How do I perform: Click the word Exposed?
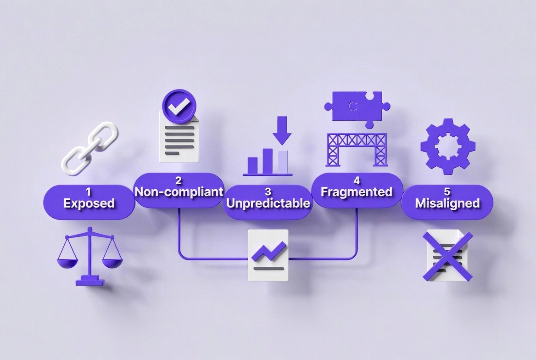89,203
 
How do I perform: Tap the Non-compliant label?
179,191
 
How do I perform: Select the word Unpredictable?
268,203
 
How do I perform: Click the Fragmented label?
357,191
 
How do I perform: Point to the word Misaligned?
447,203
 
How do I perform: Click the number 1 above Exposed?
89,192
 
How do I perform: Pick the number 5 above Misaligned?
447,191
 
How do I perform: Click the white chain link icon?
90,148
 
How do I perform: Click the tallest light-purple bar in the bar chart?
284,162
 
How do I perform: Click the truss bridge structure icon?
357,150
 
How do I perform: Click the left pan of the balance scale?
67,263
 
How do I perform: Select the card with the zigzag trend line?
268,255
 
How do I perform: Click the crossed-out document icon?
448,255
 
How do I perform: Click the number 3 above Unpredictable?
268,191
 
